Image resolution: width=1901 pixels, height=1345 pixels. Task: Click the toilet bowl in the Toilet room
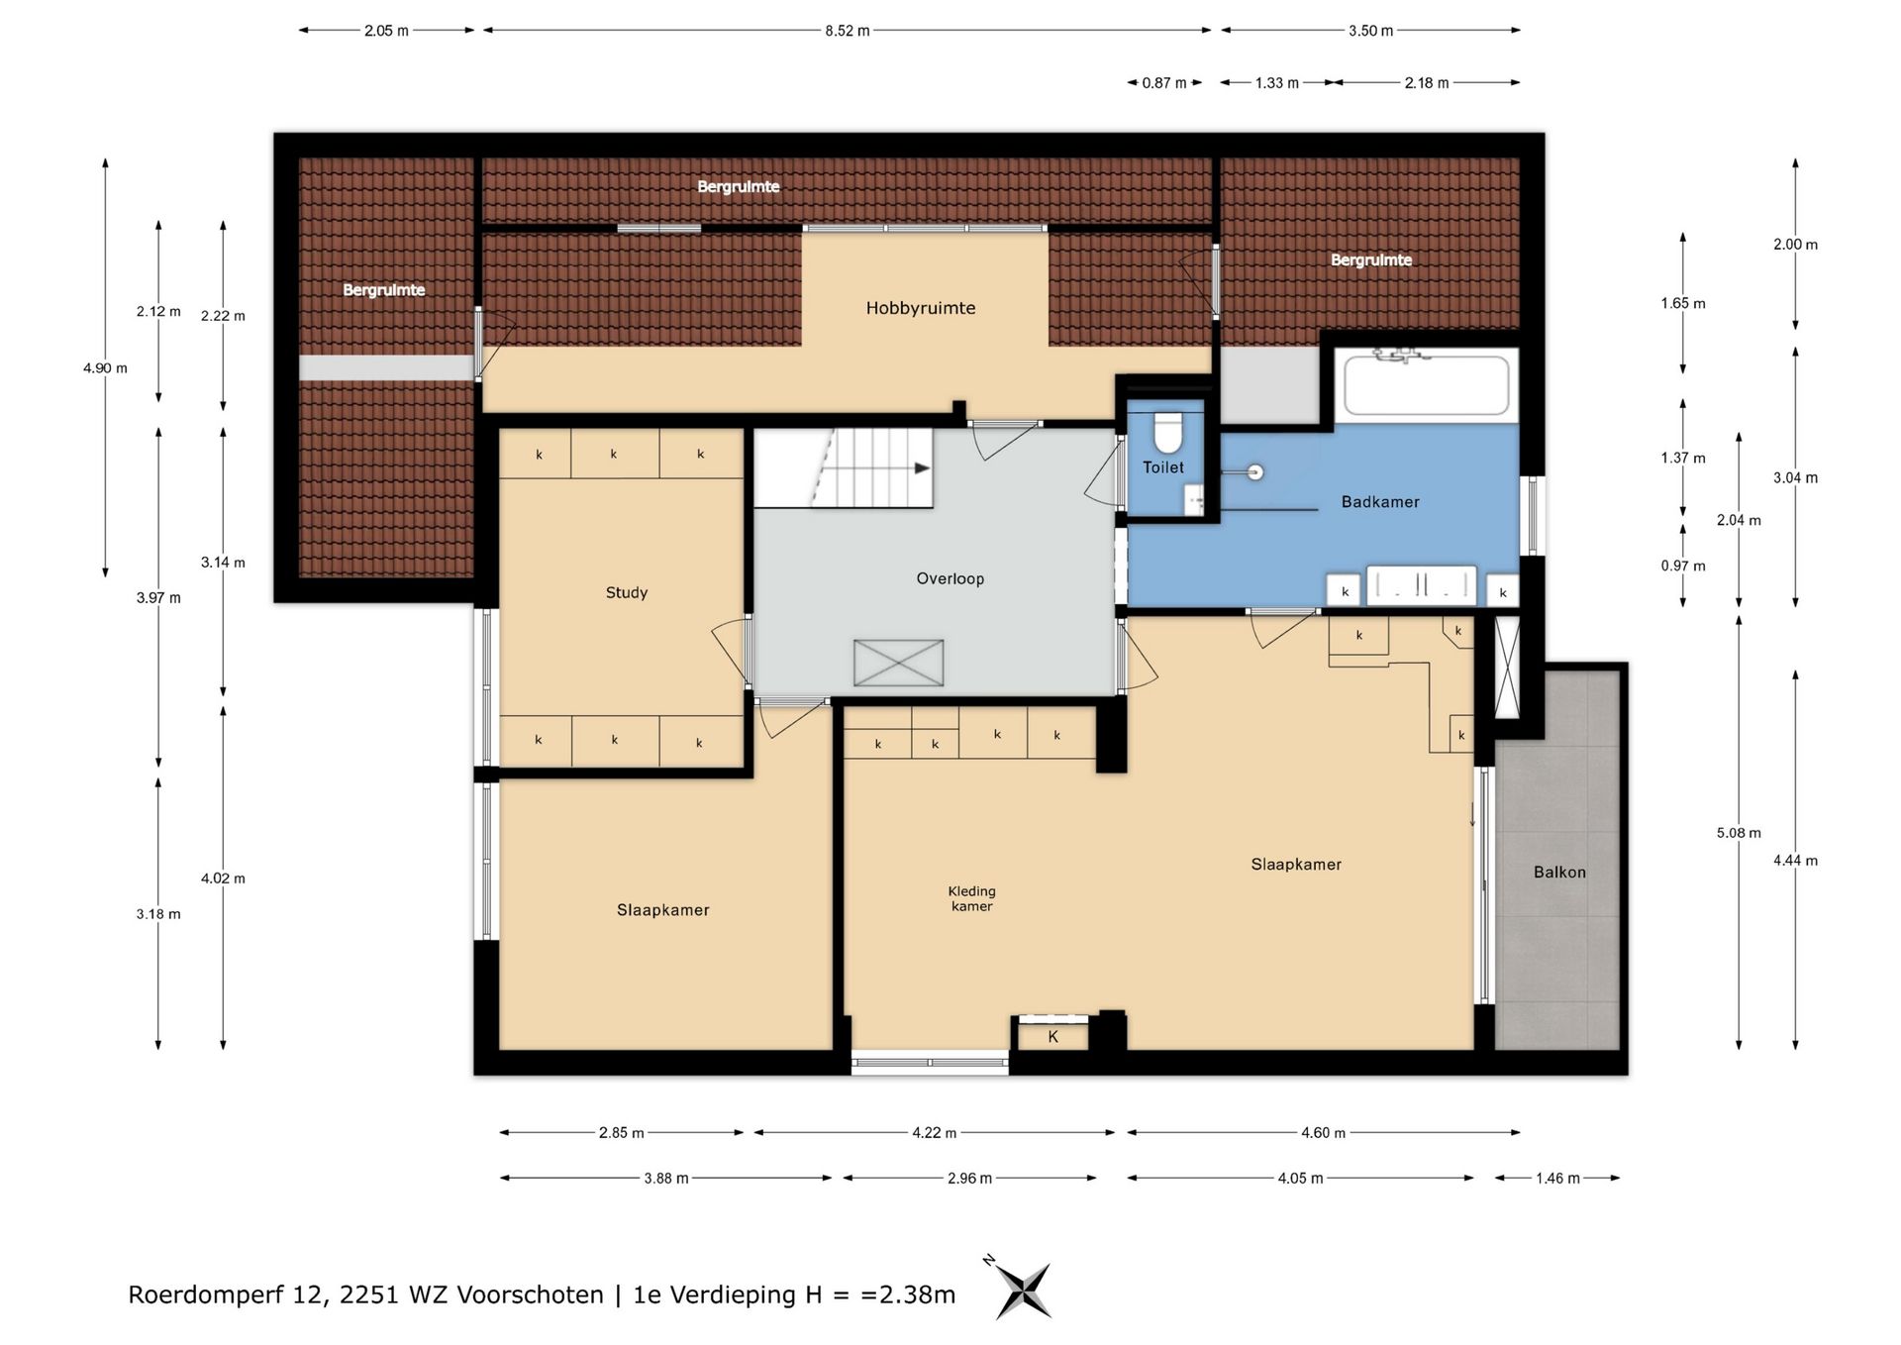pyautogui.click(x=1168, y=432)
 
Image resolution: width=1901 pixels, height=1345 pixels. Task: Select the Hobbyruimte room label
pyautogui.click(x=921, y=308)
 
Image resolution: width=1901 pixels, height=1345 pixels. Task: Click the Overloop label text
pyautogui.click(x=950, y=578)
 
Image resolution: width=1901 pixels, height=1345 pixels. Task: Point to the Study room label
pyautogui.click(x=627, y=592)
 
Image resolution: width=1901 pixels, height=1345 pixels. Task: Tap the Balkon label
pyautogui.click(x=1559, y=872)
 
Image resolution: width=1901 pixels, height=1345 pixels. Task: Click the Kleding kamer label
pyautogui.click(x=971, y=898)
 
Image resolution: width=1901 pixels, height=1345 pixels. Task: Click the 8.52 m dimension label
pyautogui.click(x=848, y=31)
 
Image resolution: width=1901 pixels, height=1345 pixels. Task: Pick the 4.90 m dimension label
pyautogui.click(x=105, y=368)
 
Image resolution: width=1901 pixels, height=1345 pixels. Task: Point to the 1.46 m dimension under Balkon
pyautogui.click(x=1557, y=1178)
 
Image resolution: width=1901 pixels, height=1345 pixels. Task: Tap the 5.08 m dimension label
pyautogui.click(x=1739, y=833)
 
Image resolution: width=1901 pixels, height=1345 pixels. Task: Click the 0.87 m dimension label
pyautogui.click(x=1164, y=83)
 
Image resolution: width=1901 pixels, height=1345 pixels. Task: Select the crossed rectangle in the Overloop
pyautogui.click(x=899, y=663)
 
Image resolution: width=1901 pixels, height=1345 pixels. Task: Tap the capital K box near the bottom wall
pyautogui.click(x=1053, y=1036)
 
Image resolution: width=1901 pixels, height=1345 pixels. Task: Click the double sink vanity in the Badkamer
pyautogui.click(x=1421, y=584)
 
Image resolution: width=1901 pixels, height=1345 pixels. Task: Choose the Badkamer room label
pyautogui.click(x=1380, y=502)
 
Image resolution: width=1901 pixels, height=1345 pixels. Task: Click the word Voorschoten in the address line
pyautogui.click(x=530, y=1294)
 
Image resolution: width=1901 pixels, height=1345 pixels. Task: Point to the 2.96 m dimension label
pyautogui.click(x=969, y=1178)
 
